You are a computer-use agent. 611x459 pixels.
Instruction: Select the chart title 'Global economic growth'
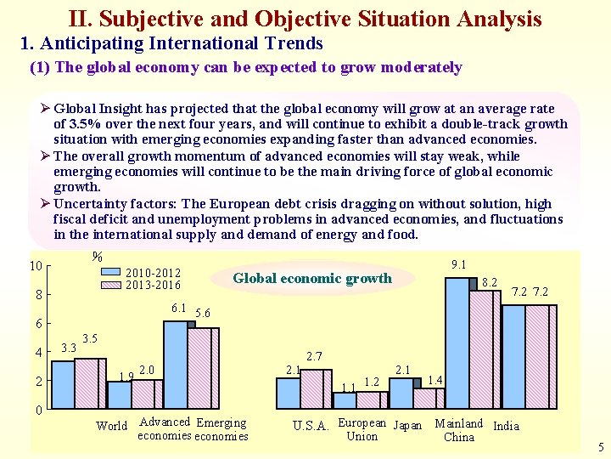point(312,278)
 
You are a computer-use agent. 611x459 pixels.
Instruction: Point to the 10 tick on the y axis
point(36,266)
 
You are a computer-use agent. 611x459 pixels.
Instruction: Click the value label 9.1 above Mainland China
point(458,264)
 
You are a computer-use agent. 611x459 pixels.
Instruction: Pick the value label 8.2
point(490,281)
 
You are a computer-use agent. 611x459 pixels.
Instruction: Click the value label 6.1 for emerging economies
point(179,308)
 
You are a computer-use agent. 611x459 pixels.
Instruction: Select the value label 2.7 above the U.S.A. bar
point(314,355)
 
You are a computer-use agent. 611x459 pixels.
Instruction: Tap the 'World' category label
point(112,426)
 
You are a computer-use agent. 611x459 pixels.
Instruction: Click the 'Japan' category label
point(407,426)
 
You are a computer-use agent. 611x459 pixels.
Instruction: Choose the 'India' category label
point(506,426)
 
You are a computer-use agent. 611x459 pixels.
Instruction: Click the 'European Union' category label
point(362,429)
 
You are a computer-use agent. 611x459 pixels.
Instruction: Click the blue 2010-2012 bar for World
point(64,385)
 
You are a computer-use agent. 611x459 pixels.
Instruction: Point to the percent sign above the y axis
point(97,257)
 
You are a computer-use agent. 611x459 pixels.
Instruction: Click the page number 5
point(601,447)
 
